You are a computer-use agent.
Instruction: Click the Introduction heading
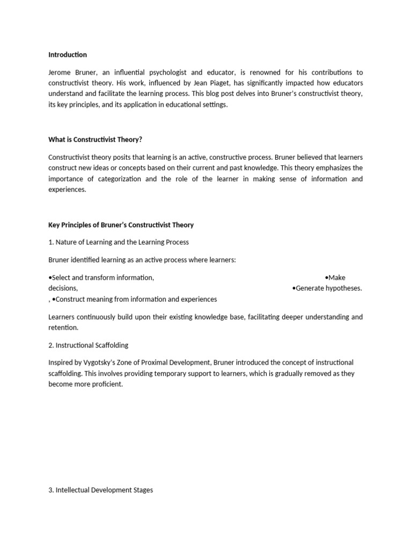point(68,55)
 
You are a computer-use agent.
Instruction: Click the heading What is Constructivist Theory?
point(95,139)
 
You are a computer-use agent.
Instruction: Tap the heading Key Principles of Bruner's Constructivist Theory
point(121,225)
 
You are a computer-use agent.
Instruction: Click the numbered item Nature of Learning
point(118,242)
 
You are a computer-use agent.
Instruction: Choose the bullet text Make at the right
point(336,278)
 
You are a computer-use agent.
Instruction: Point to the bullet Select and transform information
point(101,278)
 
